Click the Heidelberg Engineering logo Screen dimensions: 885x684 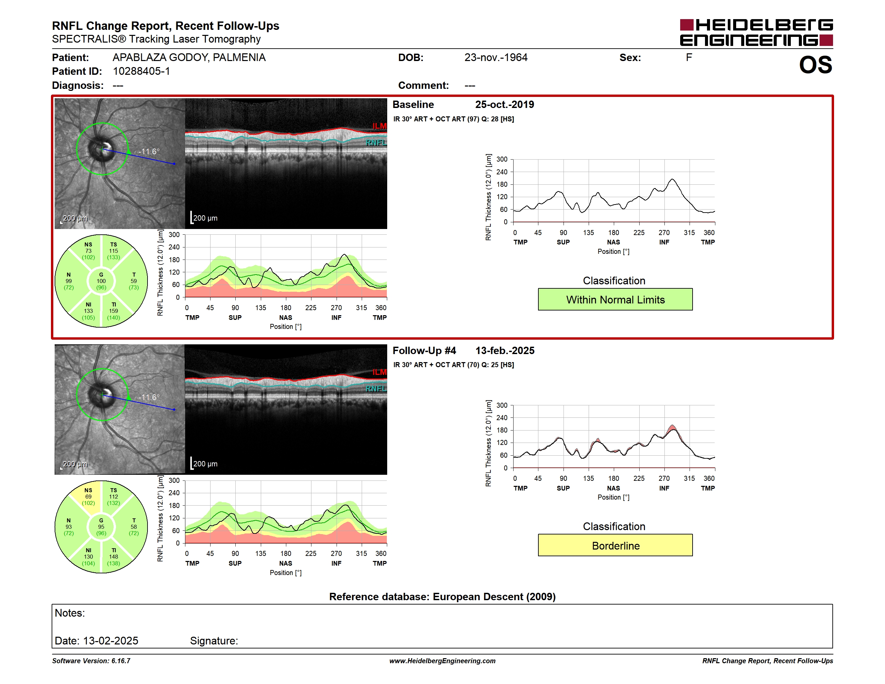point(756,33)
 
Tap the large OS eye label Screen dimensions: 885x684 point(815,65)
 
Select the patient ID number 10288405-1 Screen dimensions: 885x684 point(141,71)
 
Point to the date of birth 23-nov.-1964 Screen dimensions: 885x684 point(495,58)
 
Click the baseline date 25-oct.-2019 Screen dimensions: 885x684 point(505,105)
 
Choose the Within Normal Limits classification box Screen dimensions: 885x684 point(615,299)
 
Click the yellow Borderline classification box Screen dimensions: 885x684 point(615,546)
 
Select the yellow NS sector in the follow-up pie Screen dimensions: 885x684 point(86,498)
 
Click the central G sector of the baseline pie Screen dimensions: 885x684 point(101,281)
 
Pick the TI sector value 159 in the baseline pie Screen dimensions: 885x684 point(113,311)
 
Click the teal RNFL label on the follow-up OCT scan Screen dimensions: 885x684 point(376,389)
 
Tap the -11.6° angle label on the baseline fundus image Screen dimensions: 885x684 point(149,151)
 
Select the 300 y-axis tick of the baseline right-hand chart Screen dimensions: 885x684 point(501,159)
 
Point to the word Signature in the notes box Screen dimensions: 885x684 point(214,641)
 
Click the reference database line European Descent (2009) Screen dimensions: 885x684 point(442,596)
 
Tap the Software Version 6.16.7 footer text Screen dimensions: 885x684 point(91,661)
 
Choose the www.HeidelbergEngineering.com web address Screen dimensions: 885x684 point(442,661)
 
